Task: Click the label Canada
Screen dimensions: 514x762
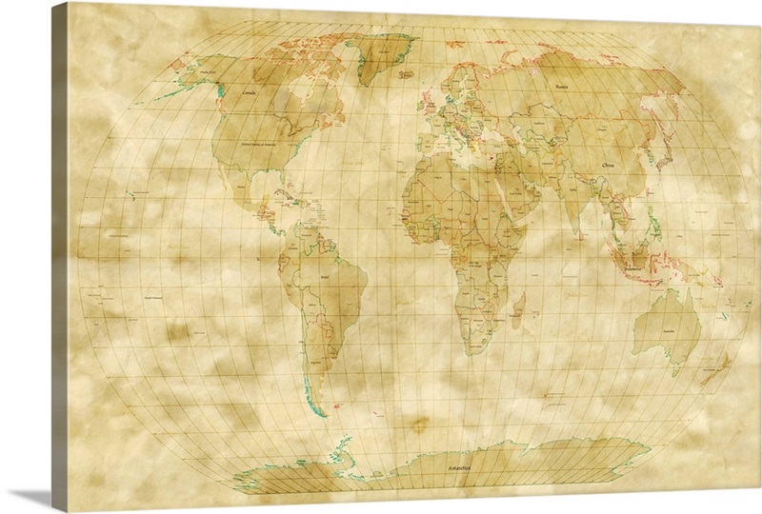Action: [251, 93]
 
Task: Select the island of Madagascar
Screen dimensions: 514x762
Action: [520, 308]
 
